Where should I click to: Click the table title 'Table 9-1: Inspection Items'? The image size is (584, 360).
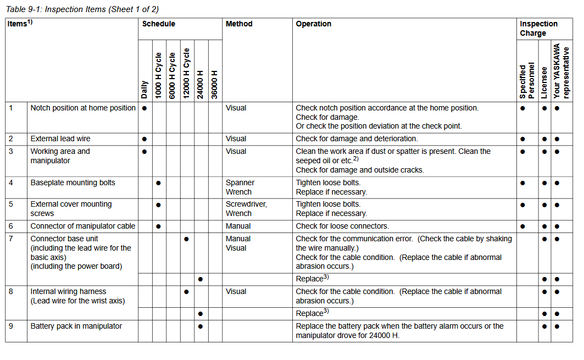tap(82, 9)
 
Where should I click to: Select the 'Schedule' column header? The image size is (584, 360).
tap(159, 24)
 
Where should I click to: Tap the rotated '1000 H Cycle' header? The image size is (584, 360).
tap(158, 76)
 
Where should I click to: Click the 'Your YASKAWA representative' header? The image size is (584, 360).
tap(561, 72)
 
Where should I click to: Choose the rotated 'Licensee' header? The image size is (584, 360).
tap(544, 83)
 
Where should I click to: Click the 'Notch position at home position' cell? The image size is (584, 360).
tap(83, 108)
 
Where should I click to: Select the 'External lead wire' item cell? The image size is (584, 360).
tap(60, 139)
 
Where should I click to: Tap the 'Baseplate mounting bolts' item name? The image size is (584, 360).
tap(73, 183)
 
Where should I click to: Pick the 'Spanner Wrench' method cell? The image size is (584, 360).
tap(240, 187)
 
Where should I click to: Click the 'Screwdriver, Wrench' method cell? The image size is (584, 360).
tap(246, 209)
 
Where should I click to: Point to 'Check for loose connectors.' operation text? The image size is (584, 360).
tap(342, 226)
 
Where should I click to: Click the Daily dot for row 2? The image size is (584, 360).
tap(144, 139)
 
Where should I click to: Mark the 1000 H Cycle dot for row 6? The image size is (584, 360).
tap(158, 226)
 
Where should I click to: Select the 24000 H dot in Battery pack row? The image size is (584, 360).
tap(201, 326)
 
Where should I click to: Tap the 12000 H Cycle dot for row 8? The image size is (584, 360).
tap(187, 292)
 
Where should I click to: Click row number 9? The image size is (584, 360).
tap(11, 326)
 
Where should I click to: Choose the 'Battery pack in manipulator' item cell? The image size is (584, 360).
tap(76, 326)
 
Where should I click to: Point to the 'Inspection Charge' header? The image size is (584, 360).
tap(538, 29)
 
